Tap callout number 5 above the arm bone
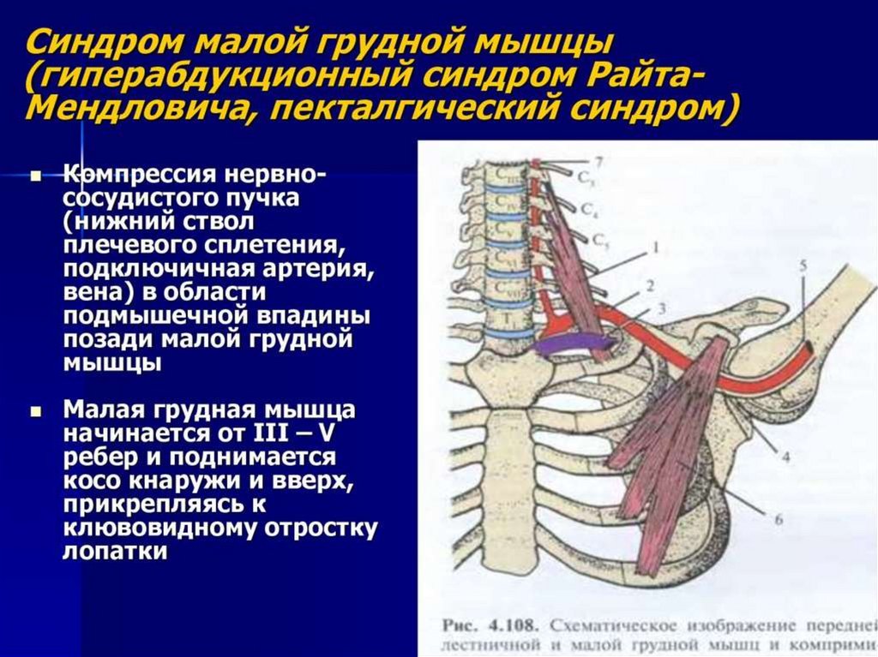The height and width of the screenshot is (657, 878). click(x=803, y=266)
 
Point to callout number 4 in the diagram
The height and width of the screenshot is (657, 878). click(x=785, y=457)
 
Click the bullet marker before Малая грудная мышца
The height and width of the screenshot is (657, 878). click(x=35, y=411)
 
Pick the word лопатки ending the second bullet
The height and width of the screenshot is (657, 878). click(x=114, y=552)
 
